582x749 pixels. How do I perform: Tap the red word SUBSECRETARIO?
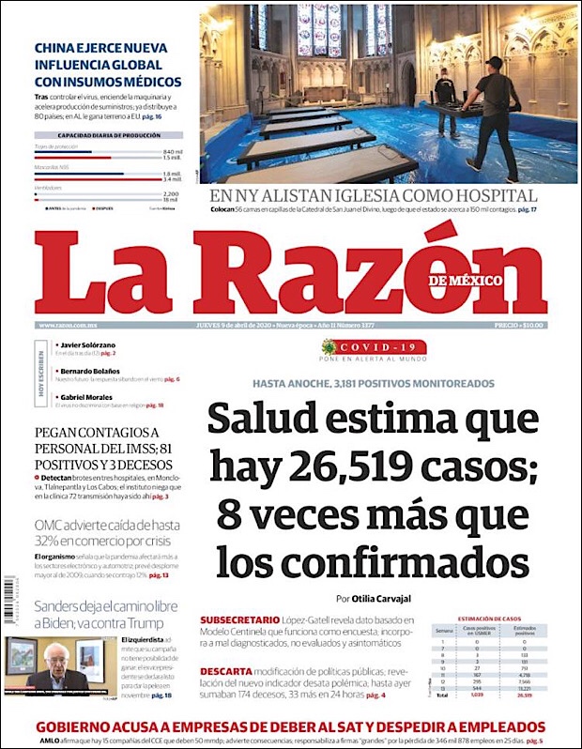click(x=238, y=620)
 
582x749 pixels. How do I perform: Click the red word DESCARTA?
click(x=225, y=671)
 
